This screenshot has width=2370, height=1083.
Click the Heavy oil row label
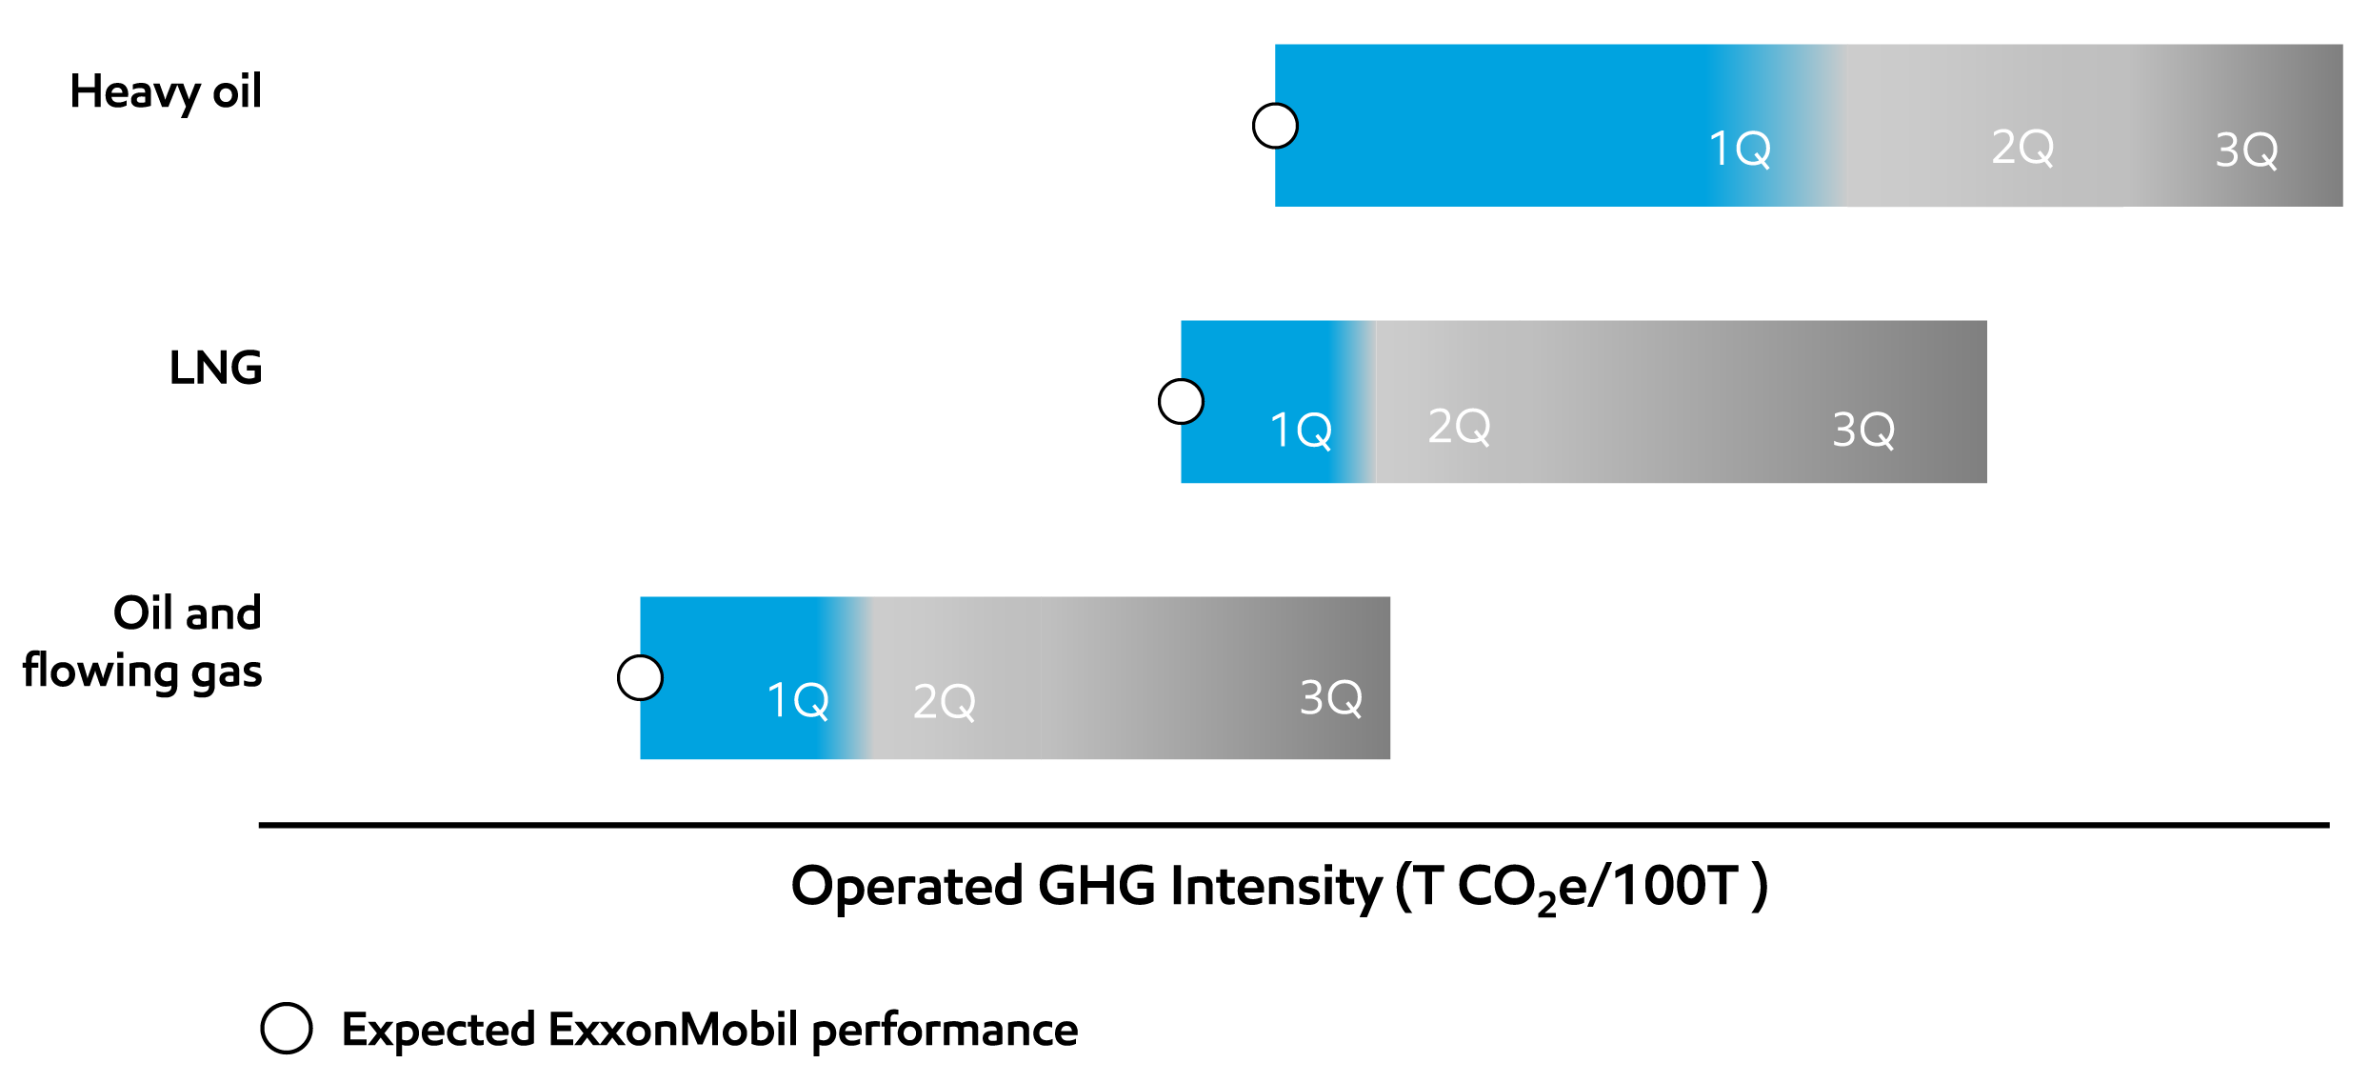coord(166,92)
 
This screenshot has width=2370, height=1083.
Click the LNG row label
coord(215,368)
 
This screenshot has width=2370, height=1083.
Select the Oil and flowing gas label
coord(143,642)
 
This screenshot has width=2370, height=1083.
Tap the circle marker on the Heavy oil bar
coord(1275,126)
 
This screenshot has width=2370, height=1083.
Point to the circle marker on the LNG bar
coord(1181,401)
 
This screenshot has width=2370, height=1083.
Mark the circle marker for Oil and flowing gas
coord(640,677)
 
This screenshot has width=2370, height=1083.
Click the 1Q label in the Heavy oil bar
coord(1739,149)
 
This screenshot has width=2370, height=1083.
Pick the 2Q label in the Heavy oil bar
coord(2022,147)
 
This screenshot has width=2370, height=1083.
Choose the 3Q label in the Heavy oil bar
coord(2246,150)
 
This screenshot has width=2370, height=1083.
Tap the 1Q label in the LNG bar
coord(1301,430)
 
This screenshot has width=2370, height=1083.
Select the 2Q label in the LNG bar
coord(1459,426)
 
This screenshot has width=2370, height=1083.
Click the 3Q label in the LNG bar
coord(1863,429)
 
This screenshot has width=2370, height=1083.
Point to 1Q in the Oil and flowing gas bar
coord(797,700)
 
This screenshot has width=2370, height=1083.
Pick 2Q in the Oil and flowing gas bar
coord(944,701)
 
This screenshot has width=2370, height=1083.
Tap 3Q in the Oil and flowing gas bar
coord(1331,697)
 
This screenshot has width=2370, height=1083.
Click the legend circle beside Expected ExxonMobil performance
coord(287,1029)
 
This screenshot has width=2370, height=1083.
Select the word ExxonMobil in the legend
coord(673,1030)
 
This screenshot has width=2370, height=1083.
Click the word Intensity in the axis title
coord(1276,886)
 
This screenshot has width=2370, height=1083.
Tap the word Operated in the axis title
coord(906,886)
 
